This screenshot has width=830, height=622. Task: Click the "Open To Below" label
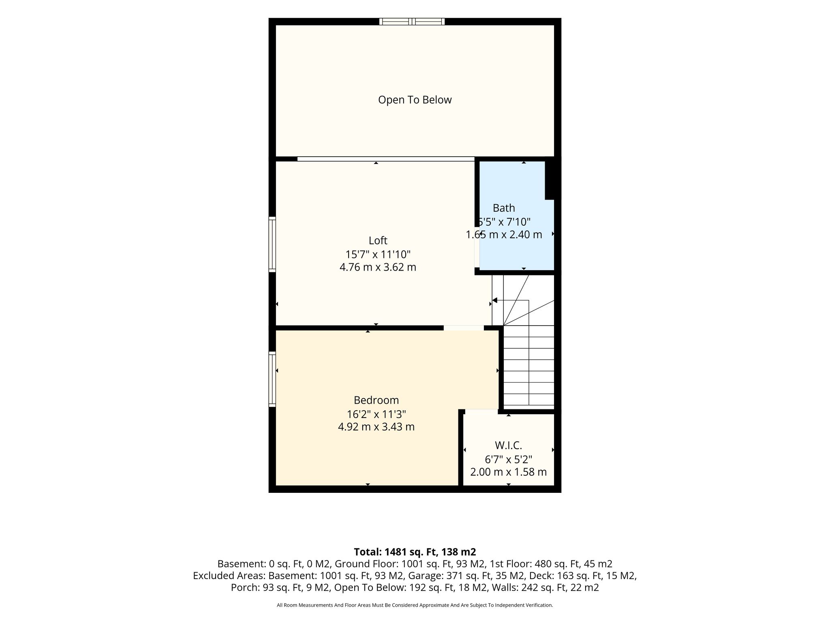415,100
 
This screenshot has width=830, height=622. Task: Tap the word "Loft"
378,241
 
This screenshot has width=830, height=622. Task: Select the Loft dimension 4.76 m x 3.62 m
378,267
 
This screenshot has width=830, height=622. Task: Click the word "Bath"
504,208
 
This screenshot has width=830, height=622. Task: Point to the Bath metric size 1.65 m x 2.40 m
504,234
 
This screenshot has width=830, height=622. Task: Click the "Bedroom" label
376,400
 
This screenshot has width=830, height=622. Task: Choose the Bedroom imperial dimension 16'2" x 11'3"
376,414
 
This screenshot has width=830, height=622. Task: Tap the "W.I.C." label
508,445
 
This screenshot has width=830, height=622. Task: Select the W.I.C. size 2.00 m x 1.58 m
508,472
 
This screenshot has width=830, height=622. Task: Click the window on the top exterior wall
412,21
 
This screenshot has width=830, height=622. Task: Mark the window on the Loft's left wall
272,244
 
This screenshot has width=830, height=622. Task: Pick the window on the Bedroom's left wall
272,379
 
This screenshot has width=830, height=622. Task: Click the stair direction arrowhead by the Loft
494,300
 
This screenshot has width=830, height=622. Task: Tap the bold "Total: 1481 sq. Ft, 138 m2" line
415,552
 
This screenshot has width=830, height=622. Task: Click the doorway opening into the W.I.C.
481,411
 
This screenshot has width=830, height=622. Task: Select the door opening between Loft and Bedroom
463,328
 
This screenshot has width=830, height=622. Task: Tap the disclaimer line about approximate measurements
415,605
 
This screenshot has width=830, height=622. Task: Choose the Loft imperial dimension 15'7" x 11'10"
378,254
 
